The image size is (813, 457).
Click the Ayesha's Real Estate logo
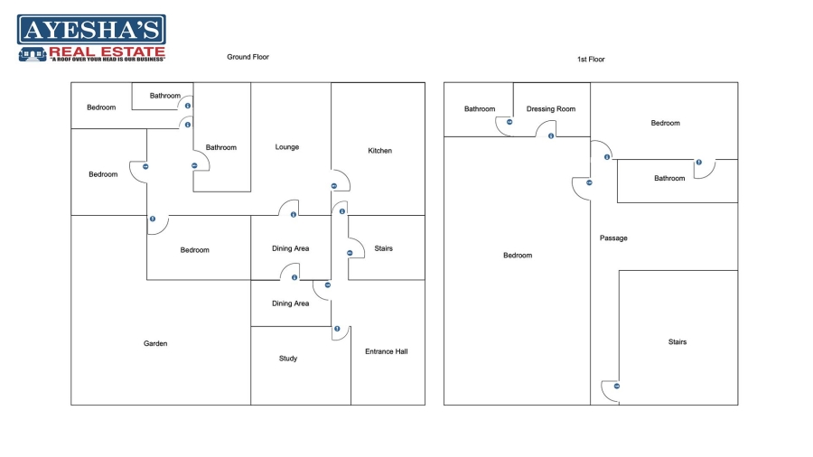point(91,38)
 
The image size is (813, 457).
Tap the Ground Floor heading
point(248,57)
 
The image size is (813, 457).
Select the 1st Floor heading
point(591,60)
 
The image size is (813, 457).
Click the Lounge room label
point(287,147)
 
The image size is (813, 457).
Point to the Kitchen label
point(380,151)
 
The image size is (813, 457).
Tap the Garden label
point(155,343)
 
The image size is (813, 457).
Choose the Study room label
point(288,359)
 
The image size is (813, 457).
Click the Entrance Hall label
point(386,351)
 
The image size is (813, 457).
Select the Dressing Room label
point(551,109)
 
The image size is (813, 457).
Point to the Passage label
point(613,238)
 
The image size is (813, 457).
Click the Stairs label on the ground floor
point(383,248)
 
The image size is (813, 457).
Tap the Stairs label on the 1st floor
point(677,342)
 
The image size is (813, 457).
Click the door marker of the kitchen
point(333,186)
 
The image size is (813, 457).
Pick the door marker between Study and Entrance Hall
point(337,329)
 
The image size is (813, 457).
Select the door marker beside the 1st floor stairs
point(617,387)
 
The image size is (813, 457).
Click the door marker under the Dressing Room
point(551,136)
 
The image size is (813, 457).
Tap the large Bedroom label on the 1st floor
point(518,256)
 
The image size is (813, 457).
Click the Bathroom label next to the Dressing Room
point(480,109)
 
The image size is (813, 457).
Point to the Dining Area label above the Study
point(290,303)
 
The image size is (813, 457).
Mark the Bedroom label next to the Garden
point(194,250)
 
